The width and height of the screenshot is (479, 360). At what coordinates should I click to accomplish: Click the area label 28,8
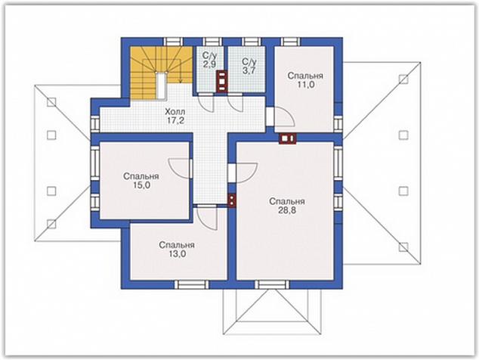point(286,210)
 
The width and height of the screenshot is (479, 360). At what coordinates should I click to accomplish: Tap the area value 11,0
point(306,85)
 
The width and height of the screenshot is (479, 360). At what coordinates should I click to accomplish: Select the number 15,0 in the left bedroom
point(141,185)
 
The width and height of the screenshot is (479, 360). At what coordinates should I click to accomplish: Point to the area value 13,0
point(177,254)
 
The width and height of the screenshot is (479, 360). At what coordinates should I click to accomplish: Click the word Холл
point(175,110)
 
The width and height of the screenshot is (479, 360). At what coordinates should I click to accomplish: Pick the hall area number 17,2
point(175,120)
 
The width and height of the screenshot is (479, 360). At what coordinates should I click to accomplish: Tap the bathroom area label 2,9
point(209,64)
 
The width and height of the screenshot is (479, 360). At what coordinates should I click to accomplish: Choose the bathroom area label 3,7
point(249,70)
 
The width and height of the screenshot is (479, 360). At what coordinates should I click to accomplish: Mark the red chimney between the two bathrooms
point(222,81)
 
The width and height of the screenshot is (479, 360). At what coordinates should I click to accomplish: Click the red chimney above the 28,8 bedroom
point(287,138)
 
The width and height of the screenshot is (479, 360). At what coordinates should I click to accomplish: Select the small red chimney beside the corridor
point(232,200)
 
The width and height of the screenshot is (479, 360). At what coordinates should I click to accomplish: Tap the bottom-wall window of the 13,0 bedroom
point(192,285)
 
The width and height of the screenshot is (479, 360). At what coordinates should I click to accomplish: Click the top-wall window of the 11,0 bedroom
point(291,42)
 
